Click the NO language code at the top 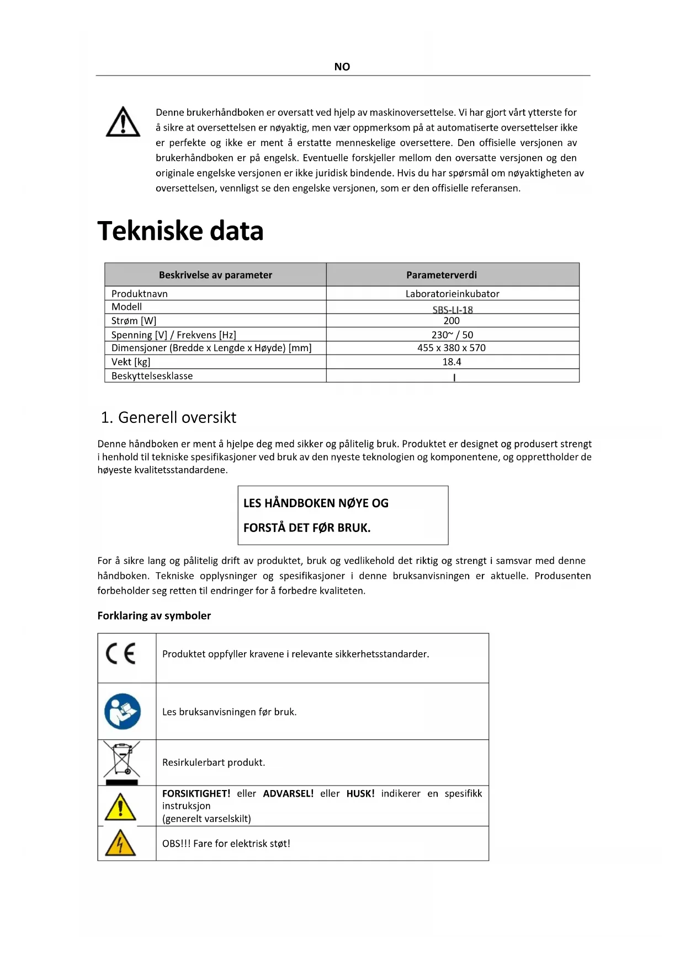pyautogui.click(x=342, y=67)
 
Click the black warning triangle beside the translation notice pyautogui.click(x=123, y=122)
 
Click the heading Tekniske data pyautogui.click(x=180, y=230)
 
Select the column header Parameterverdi pyautogui.click(x=442, y=275)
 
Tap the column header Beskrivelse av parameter pyautogui.click(x=215, y=275)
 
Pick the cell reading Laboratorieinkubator pyautogui.click(x=452, y=293)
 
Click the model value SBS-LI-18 pyautogui.click(x=452, y=309)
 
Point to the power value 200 pyautogui.click(x=451, y=320)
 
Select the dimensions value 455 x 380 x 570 pyautogui.click(x=451, y=347)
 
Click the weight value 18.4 pyautogui.click(x=451, y=362)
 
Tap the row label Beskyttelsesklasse pyautogui.click(x=152, y=375)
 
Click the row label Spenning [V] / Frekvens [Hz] pyautogui.click(x=173, y=335)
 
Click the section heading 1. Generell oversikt pyautogui.click(x=168, y=417)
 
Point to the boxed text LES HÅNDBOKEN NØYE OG pyautogui.click(x=316, y=503)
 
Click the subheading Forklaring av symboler pyautogui.click(x=154, y=615)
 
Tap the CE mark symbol pyautogui.click(x=120, y=654)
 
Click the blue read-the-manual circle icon pyautogui.click(x=123, y=711)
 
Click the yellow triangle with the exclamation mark pyautogui.click(x=120, y=807)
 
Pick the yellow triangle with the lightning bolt pyautogui.click(x=120, y=843)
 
